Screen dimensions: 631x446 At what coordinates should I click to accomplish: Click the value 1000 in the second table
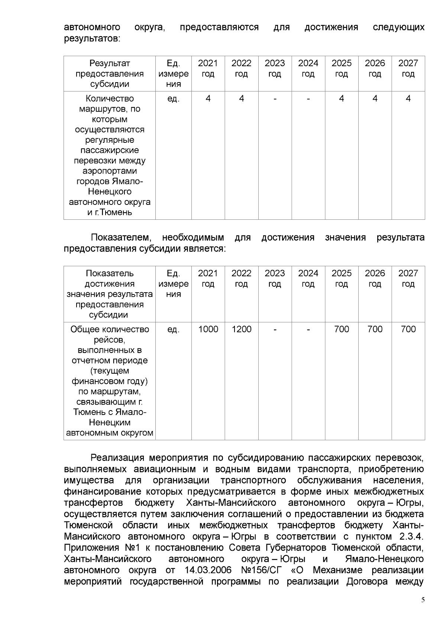[x=208, y=329]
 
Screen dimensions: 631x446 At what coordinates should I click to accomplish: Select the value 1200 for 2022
[x=241, y=329]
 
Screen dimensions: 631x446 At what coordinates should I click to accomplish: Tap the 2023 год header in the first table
[x=275, y=68]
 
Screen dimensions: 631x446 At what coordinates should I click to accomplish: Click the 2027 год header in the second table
[x=408, y=279]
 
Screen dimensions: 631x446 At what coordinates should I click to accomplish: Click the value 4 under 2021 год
[x=208, y=99]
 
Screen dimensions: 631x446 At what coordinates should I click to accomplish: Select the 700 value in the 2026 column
[x=375, y=329]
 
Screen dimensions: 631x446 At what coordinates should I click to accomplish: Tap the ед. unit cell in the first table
[x=173, y=99]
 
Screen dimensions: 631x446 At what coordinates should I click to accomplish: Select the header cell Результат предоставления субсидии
[x=110, y=73]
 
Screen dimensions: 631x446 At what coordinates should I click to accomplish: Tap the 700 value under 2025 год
[x=341, y=329]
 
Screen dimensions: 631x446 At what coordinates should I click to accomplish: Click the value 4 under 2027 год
[x=408, y=99]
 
